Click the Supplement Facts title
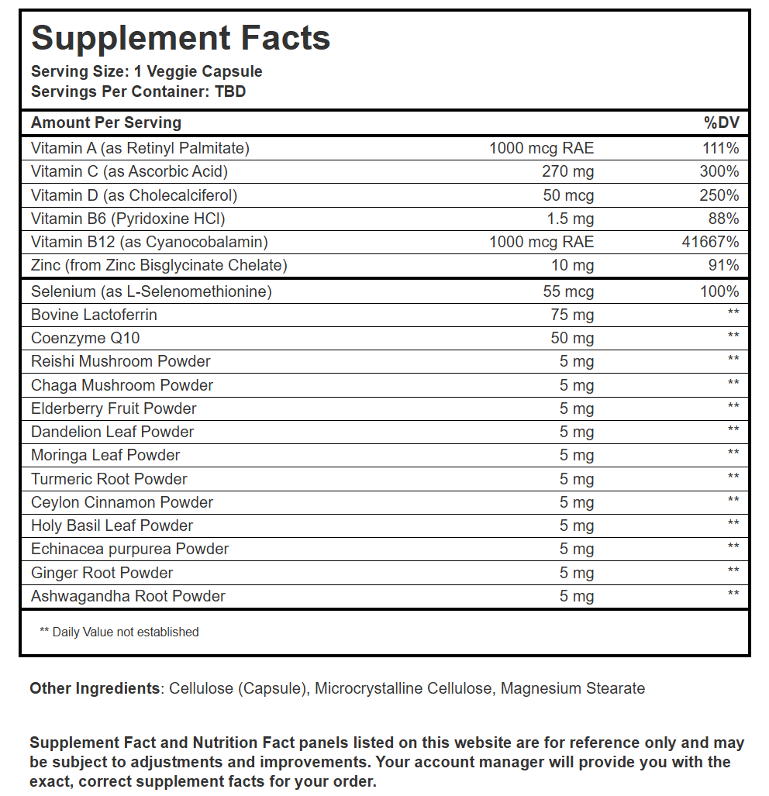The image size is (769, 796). pos(181,38)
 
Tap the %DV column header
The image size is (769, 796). pos(721,122)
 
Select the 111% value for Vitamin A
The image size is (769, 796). pos(722,148)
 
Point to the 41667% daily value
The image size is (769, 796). pos(711,242)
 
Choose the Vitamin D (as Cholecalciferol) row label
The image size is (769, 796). pos(134,195)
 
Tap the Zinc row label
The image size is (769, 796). pos(159,266)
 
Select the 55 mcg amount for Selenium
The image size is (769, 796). pos(568,292)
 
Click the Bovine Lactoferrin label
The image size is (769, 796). pos(94,315)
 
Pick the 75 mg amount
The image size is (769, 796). pos(572,315)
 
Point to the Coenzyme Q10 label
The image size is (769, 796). pos(85,338)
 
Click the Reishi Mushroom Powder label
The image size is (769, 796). pos(120,361)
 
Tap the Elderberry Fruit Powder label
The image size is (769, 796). pos(114,408)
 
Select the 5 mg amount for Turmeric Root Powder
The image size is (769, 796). pos(577,479)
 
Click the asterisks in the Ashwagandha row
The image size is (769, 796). pos(733,594)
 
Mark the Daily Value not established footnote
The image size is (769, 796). pos(119,632)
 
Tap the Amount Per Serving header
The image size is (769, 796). pos(106,122)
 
